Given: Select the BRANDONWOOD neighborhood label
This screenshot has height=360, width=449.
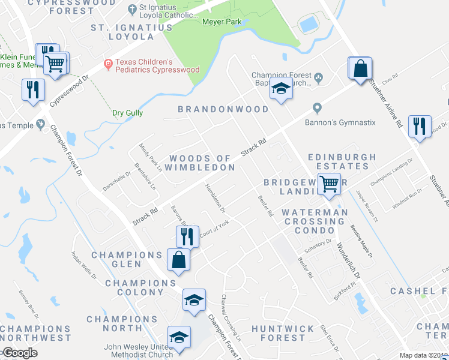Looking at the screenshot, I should [x=223, y=109].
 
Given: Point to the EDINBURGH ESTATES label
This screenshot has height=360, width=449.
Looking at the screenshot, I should [x=342, y=162].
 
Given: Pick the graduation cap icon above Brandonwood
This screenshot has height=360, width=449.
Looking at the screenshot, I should [x=280, y=89].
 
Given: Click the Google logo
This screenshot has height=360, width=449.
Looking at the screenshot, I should [x=20, y=353].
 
